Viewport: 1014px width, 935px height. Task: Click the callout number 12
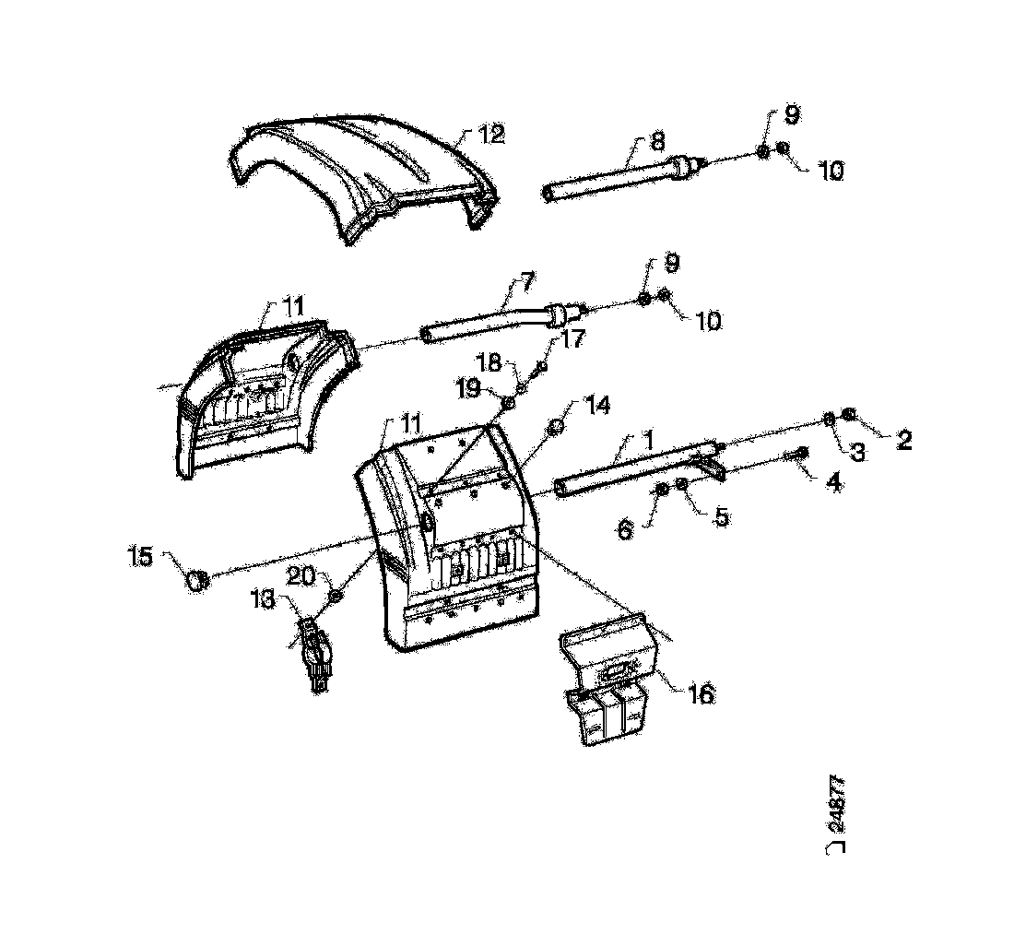[x=491, y=135]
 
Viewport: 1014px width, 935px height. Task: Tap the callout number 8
[x=656, y=142]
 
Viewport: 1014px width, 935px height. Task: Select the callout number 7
[x=527, y=278]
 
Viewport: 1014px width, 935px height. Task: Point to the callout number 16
[x=702, y=694]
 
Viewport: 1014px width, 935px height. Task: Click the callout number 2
[x=903, y=440]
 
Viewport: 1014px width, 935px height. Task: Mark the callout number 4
[x=833, y=480]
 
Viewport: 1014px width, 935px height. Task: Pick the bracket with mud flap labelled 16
[x=608, y=682]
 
